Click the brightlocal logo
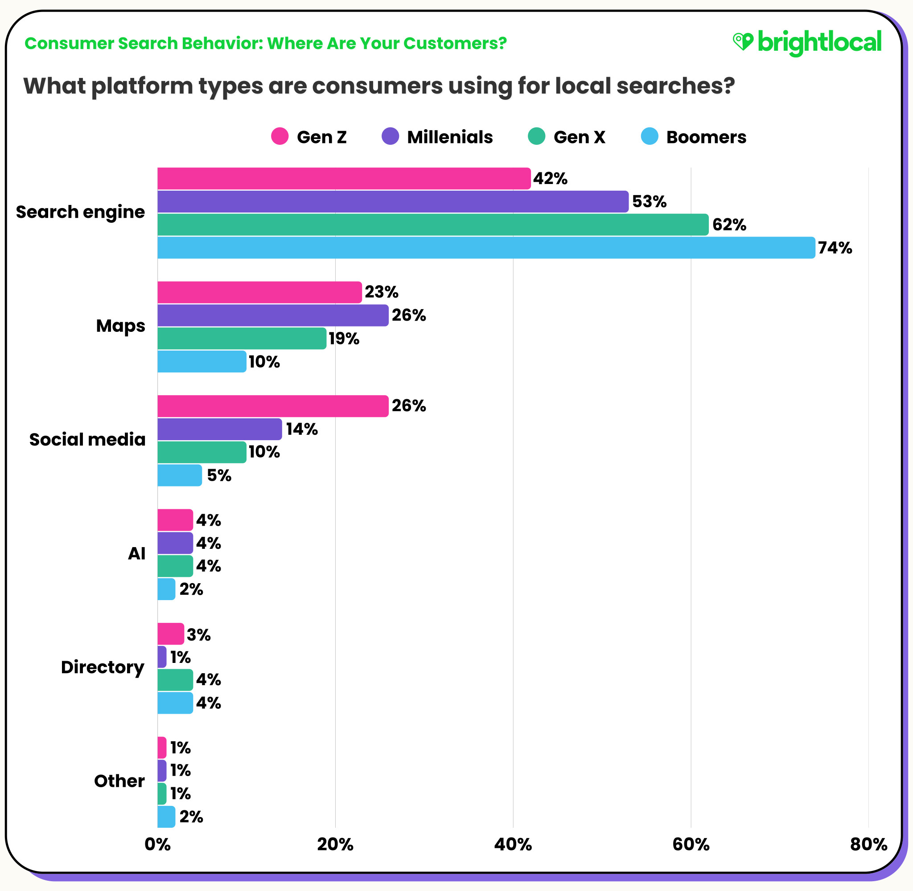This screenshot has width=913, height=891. click(x=807, y=43)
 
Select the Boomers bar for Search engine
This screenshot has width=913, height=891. click(x=486, y=248)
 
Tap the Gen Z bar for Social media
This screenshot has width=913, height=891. click(x=272, y=406)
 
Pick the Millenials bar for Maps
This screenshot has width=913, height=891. click(x=272, y=315)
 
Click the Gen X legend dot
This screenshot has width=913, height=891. click(x=537, y=136)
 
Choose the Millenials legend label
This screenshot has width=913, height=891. click(x=449, y=137)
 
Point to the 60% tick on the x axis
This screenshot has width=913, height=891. click(x=691, y=844)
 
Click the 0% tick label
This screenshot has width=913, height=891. click(x=157, y=844)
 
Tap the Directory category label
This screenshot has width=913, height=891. click(x=103, y=667)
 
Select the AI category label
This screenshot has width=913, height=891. click(x=137, y=553)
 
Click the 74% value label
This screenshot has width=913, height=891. click(x=835, y=248)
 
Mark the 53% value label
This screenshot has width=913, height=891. click(x=649, y=202)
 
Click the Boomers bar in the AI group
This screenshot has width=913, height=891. click(x=166, y=589)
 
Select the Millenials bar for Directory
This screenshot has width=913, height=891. click(x=162, y=657)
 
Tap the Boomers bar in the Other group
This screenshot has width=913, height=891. click(x=166, y=817)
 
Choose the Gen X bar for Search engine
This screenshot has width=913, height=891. click(x=432, y=225)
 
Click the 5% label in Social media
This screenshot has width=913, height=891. click(x=218, y=475)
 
